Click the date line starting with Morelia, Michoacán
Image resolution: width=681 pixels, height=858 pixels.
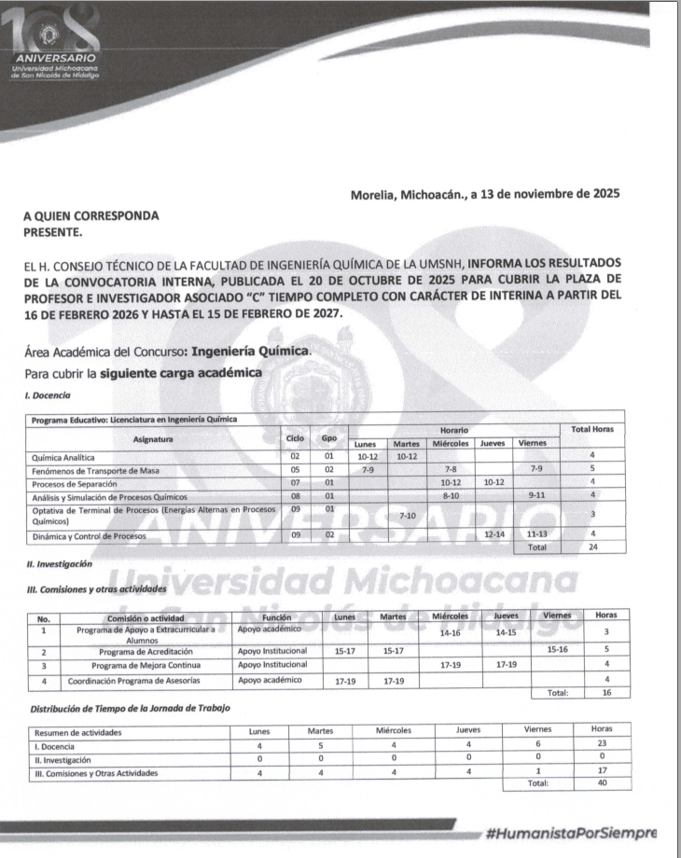485,195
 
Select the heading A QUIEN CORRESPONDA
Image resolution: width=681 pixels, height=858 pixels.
90,215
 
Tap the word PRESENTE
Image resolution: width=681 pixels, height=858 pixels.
54,230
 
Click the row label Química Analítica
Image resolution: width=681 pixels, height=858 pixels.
69,457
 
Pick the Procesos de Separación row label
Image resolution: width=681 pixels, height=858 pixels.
75,484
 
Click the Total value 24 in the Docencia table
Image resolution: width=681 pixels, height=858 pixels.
591,547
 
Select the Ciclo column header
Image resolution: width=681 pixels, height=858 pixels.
294,437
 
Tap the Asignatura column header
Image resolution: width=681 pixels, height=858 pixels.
153,437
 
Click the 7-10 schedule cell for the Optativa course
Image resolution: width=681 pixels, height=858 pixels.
407,516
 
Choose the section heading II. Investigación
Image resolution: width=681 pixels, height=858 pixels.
60,565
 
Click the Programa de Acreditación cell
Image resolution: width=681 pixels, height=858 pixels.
144,650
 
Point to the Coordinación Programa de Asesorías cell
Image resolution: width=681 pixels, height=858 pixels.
144,680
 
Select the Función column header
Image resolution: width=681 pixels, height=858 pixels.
277,616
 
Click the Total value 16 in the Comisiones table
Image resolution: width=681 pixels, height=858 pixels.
605,694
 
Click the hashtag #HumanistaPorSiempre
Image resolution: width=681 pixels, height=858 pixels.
571,832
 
